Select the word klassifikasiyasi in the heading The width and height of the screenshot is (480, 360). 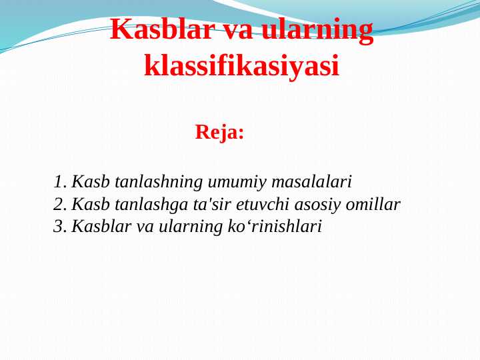point(241,66)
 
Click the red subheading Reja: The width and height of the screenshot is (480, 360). point(219,132)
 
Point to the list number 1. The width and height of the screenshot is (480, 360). point(59,182)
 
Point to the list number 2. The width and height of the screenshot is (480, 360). point(59,205)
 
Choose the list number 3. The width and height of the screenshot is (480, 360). point(59,227)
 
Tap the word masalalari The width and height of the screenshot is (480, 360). point(312,182)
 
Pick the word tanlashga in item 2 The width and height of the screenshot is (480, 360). point(151,205)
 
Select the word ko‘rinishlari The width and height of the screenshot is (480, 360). point(275,227)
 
